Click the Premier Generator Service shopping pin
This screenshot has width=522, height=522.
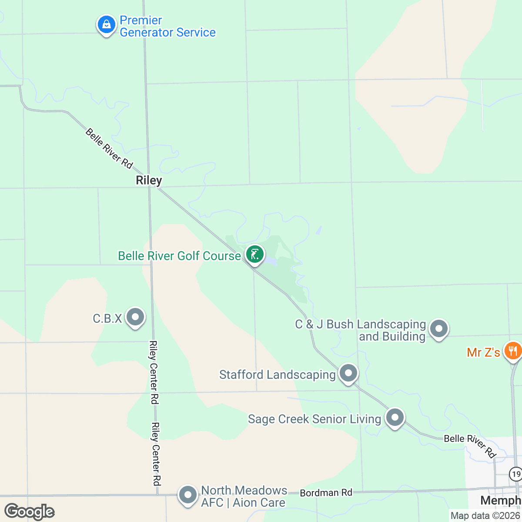tap(106, 25)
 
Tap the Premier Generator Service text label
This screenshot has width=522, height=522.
tap(167, 27)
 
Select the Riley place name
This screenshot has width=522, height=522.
tap(149, 180)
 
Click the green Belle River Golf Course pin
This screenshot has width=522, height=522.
tap(255, 254)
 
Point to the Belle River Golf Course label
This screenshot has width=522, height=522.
tap(179, 256)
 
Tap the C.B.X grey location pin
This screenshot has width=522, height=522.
tap(135, 317)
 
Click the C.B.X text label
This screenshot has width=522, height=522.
tap(107, 319)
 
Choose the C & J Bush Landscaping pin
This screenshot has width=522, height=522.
tap(438, 329)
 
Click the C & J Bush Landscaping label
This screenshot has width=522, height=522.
tap(361, 330)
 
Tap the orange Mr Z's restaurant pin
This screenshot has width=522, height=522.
tap(513, 351)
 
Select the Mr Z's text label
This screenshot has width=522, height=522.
tap(483, 352)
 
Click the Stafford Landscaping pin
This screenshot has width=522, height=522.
tap(348, 373)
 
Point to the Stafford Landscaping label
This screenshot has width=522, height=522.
tap(277, 375)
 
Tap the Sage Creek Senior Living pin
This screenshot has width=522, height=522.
tap(395, 418)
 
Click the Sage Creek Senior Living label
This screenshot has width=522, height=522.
tap(314, 419)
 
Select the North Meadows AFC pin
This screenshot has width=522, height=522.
tap(188, 495)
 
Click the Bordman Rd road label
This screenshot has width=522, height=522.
tap(326, 493)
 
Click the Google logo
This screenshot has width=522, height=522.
tap(29, 512)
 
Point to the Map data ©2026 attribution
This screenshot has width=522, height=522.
tap(485, 516)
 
